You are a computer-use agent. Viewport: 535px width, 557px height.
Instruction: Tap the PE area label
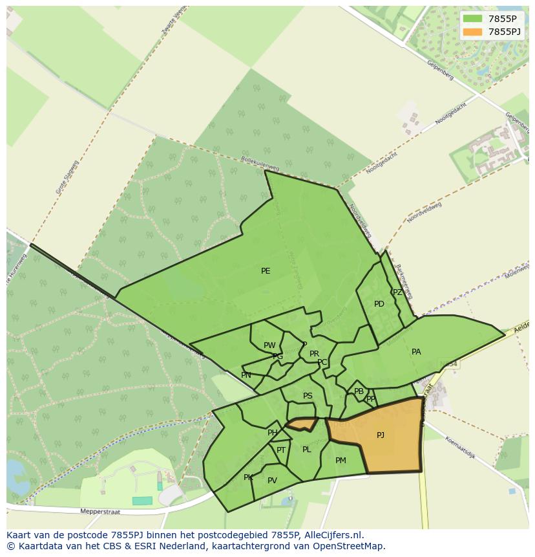266,271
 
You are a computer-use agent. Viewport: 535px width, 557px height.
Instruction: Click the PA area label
416,352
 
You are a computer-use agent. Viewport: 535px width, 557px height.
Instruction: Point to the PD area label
379,304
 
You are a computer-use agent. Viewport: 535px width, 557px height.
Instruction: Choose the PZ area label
397,292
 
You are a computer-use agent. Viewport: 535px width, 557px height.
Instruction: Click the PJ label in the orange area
381,435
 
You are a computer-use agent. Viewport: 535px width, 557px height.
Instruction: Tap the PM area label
341,461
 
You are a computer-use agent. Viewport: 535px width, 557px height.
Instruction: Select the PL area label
306,450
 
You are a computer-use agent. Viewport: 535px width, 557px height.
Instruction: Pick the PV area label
272,481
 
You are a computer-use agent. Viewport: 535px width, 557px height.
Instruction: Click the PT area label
281,450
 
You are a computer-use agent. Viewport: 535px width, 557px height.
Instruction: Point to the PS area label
308,396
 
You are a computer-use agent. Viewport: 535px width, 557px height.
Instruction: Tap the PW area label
269,345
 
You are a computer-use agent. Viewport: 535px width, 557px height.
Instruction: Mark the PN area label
246,375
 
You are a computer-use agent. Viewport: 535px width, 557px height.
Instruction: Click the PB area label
359,391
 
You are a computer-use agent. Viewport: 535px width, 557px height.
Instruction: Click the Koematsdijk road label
460,448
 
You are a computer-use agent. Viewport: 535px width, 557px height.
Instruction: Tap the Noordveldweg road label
425,212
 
